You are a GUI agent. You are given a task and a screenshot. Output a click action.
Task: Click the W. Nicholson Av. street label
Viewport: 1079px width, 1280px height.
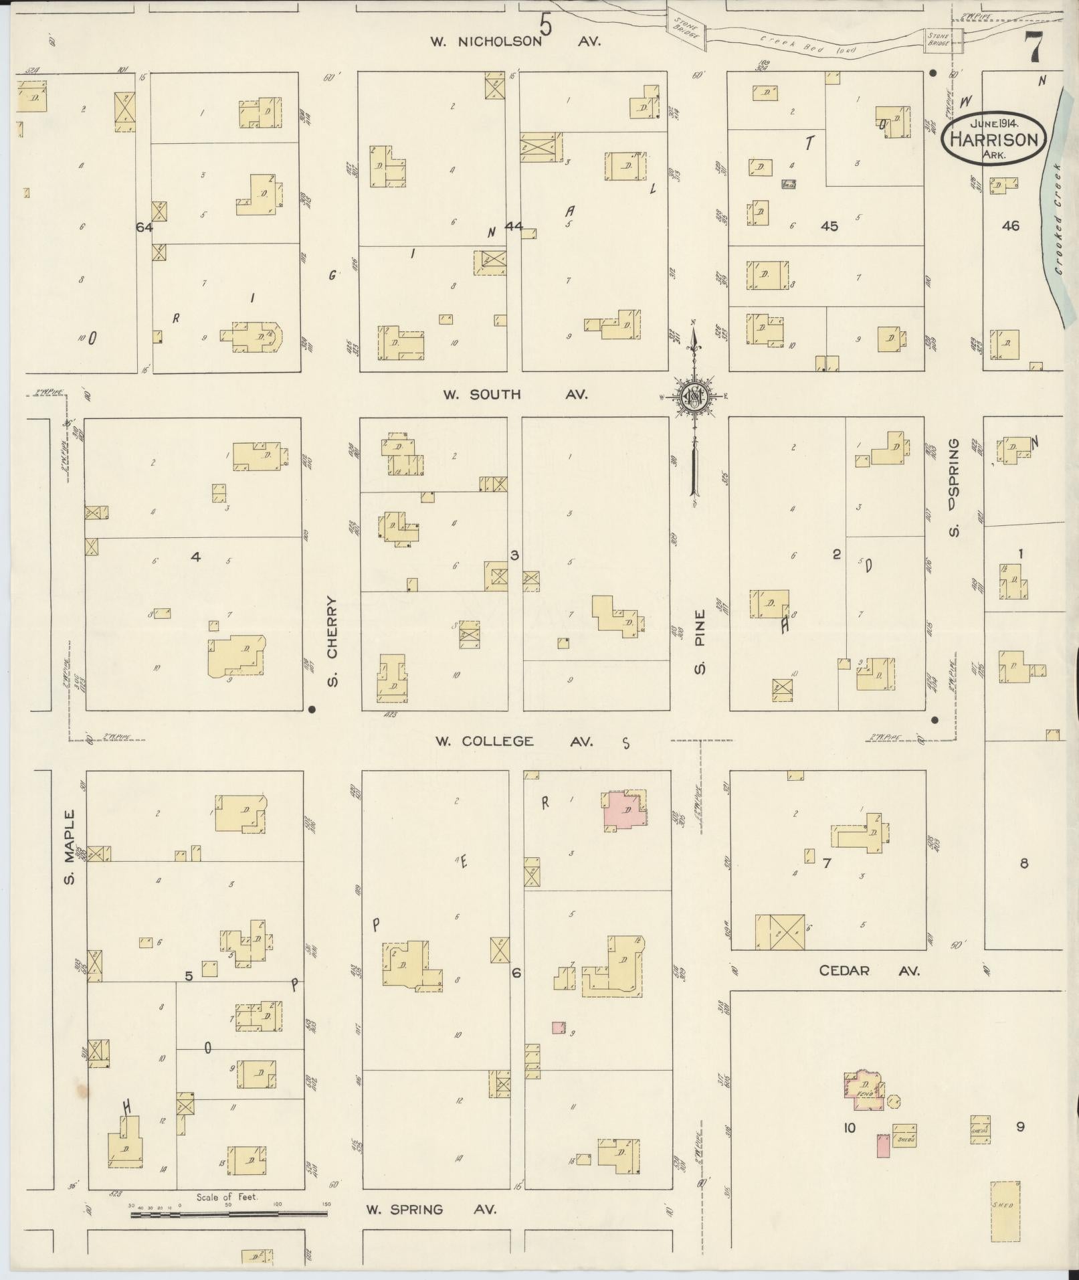coord(515,41)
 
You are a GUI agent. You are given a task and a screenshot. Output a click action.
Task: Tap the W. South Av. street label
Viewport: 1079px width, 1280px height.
coord(515,395)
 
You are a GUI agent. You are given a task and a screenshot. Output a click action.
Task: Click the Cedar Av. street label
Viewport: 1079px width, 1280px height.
coord(870,970)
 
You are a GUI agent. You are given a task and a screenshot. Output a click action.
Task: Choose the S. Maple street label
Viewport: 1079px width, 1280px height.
coord(69,846)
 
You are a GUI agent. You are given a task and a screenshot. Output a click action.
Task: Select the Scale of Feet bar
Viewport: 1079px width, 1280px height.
coord(227,1213)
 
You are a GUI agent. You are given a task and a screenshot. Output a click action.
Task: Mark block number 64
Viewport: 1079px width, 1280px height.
coord(144,227)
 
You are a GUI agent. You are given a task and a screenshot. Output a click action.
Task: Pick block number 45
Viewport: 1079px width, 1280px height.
coord(829,226)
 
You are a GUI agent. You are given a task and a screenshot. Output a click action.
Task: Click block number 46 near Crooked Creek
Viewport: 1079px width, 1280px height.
coord(1010,226)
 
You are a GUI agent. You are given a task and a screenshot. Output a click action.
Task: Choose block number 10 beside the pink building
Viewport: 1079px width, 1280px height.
coord(849,1128)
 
